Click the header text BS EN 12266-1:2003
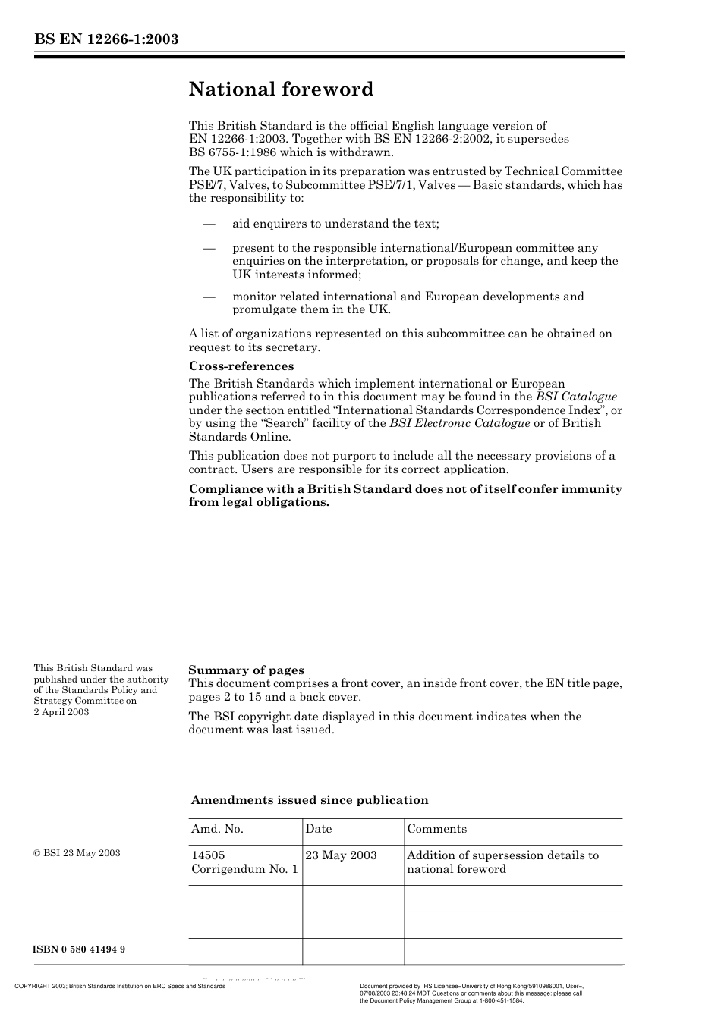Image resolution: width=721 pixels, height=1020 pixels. [x=106, y=39]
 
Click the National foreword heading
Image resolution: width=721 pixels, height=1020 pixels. [x=281, y=89]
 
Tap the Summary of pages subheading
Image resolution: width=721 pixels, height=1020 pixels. [x=246, y=670]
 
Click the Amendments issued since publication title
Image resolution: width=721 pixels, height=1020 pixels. [x=310, y=800]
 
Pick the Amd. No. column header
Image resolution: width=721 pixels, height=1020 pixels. [x=217, y=829]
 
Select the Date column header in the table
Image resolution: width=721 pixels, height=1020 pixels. [x=319, y=829]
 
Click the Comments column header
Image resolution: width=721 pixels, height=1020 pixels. [x=437, y=829]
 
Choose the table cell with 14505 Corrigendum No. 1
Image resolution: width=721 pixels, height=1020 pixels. [x=244, y=862]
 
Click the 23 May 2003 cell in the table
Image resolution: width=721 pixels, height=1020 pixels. [x=341, y=855]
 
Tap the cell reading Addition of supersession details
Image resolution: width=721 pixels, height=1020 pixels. [x=502, y=862]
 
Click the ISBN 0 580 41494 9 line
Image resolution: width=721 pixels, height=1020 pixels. [x=79, y=949]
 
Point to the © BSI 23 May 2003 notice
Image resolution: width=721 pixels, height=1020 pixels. [x=77, y=853]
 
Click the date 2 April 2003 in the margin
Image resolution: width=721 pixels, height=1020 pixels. [x=61, y=711]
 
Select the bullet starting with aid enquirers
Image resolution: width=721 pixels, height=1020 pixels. [x=335, y=224]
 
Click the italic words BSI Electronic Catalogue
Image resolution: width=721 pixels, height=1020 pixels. [x=459, y=423]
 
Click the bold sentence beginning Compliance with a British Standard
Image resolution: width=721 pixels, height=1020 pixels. [x=405, y=495]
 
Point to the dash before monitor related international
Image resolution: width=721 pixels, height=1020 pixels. [x=209, y=297]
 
